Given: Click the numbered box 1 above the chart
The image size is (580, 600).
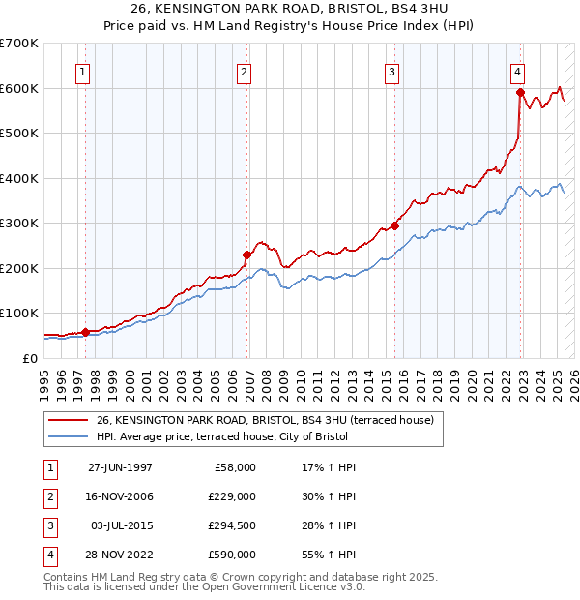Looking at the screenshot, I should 82,72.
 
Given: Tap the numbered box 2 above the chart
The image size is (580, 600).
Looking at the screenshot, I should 245,72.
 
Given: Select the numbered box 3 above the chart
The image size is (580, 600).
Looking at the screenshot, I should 391,72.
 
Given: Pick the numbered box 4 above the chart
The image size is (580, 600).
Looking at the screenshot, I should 518,72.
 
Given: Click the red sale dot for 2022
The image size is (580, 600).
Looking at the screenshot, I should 520,93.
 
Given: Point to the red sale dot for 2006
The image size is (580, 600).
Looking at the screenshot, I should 246,255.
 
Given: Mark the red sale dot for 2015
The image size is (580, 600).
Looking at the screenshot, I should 394,225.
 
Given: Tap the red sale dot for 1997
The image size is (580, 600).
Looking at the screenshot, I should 85,332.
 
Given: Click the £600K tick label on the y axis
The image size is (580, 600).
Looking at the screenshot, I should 18,88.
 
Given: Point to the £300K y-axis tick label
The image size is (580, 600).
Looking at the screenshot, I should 18,224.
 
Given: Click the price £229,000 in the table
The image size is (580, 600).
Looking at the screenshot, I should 233,496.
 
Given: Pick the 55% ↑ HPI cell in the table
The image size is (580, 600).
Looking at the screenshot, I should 329,555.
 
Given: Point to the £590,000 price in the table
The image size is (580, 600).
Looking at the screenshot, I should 233,555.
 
